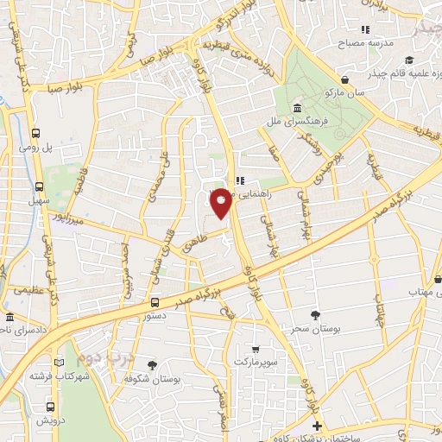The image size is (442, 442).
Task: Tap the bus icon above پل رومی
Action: click(x=36, y=134)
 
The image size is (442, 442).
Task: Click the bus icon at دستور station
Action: click(x=155, y=302)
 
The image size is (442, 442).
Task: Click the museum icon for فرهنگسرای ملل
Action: click(x=296, y=109)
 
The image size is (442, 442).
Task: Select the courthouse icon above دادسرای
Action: click(x=9, y=316)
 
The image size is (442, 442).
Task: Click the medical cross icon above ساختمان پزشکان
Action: click(x=317, y=426)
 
